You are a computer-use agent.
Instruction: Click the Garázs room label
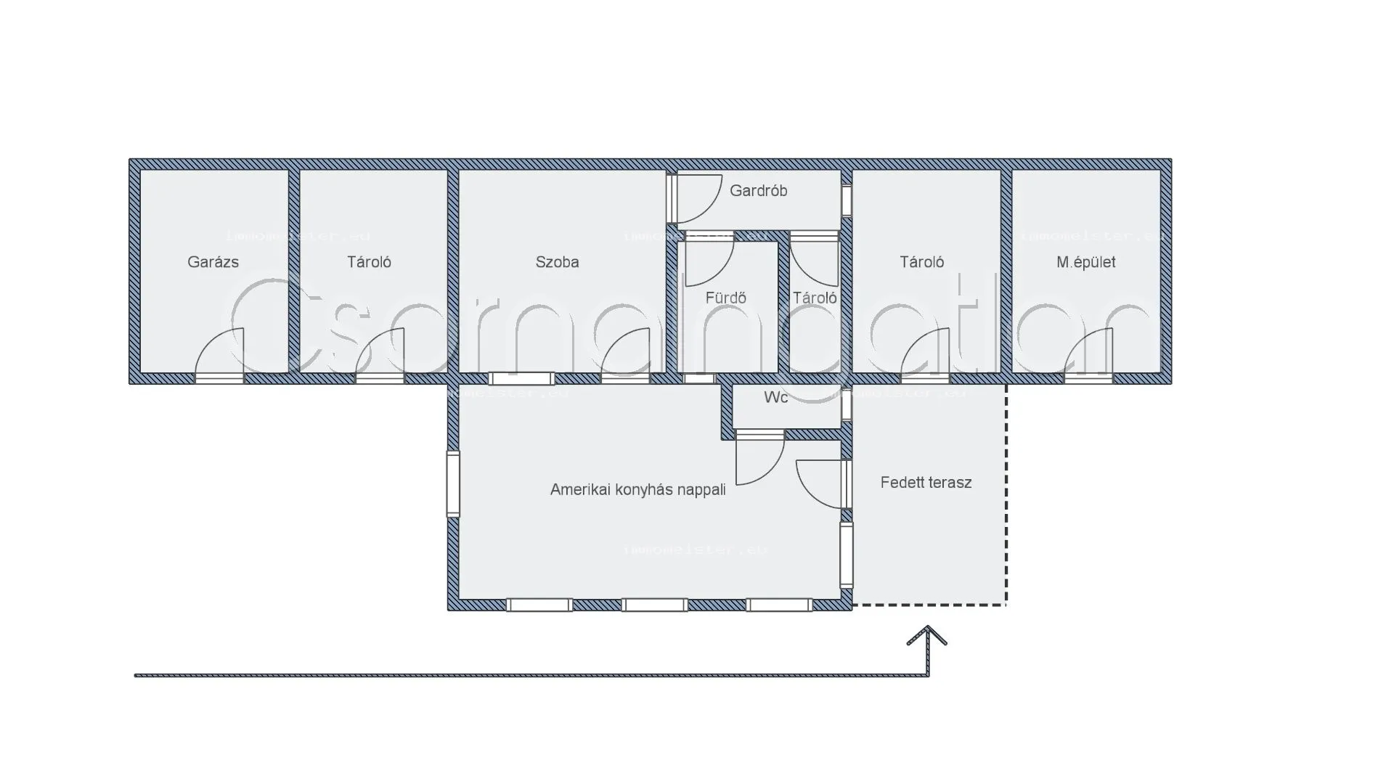click(x=213, y=262)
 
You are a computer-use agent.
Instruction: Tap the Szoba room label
click(x=557, y=262)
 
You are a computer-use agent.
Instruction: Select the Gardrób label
click(x=758, y=191)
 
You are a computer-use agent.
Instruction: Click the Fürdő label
click(x=725, y=298)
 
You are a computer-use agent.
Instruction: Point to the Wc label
click(x=775, y=398)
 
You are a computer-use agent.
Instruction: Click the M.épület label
click(x=1085, y=262)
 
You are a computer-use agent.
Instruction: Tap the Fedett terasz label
click(x=926, y=483)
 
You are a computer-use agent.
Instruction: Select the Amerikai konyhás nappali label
click(x=637, y=490)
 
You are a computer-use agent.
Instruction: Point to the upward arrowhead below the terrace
click(x=927, y=636)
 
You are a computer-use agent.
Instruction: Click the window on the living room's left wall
click(x=453, y=483)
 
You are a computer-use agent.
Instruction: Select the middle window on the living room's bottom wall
click(x=655, y=605)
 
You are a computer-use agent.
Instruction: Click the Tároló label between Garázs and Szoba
click(x=369, y=262)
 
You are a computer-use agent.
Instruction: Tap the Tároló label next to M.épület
click(x=921, y=262)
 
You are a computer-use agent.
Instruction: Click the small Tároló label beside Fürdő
click(x=814, y=298)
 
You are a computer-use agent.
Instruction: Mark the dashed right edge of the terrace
click(x=1006, y=494)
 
